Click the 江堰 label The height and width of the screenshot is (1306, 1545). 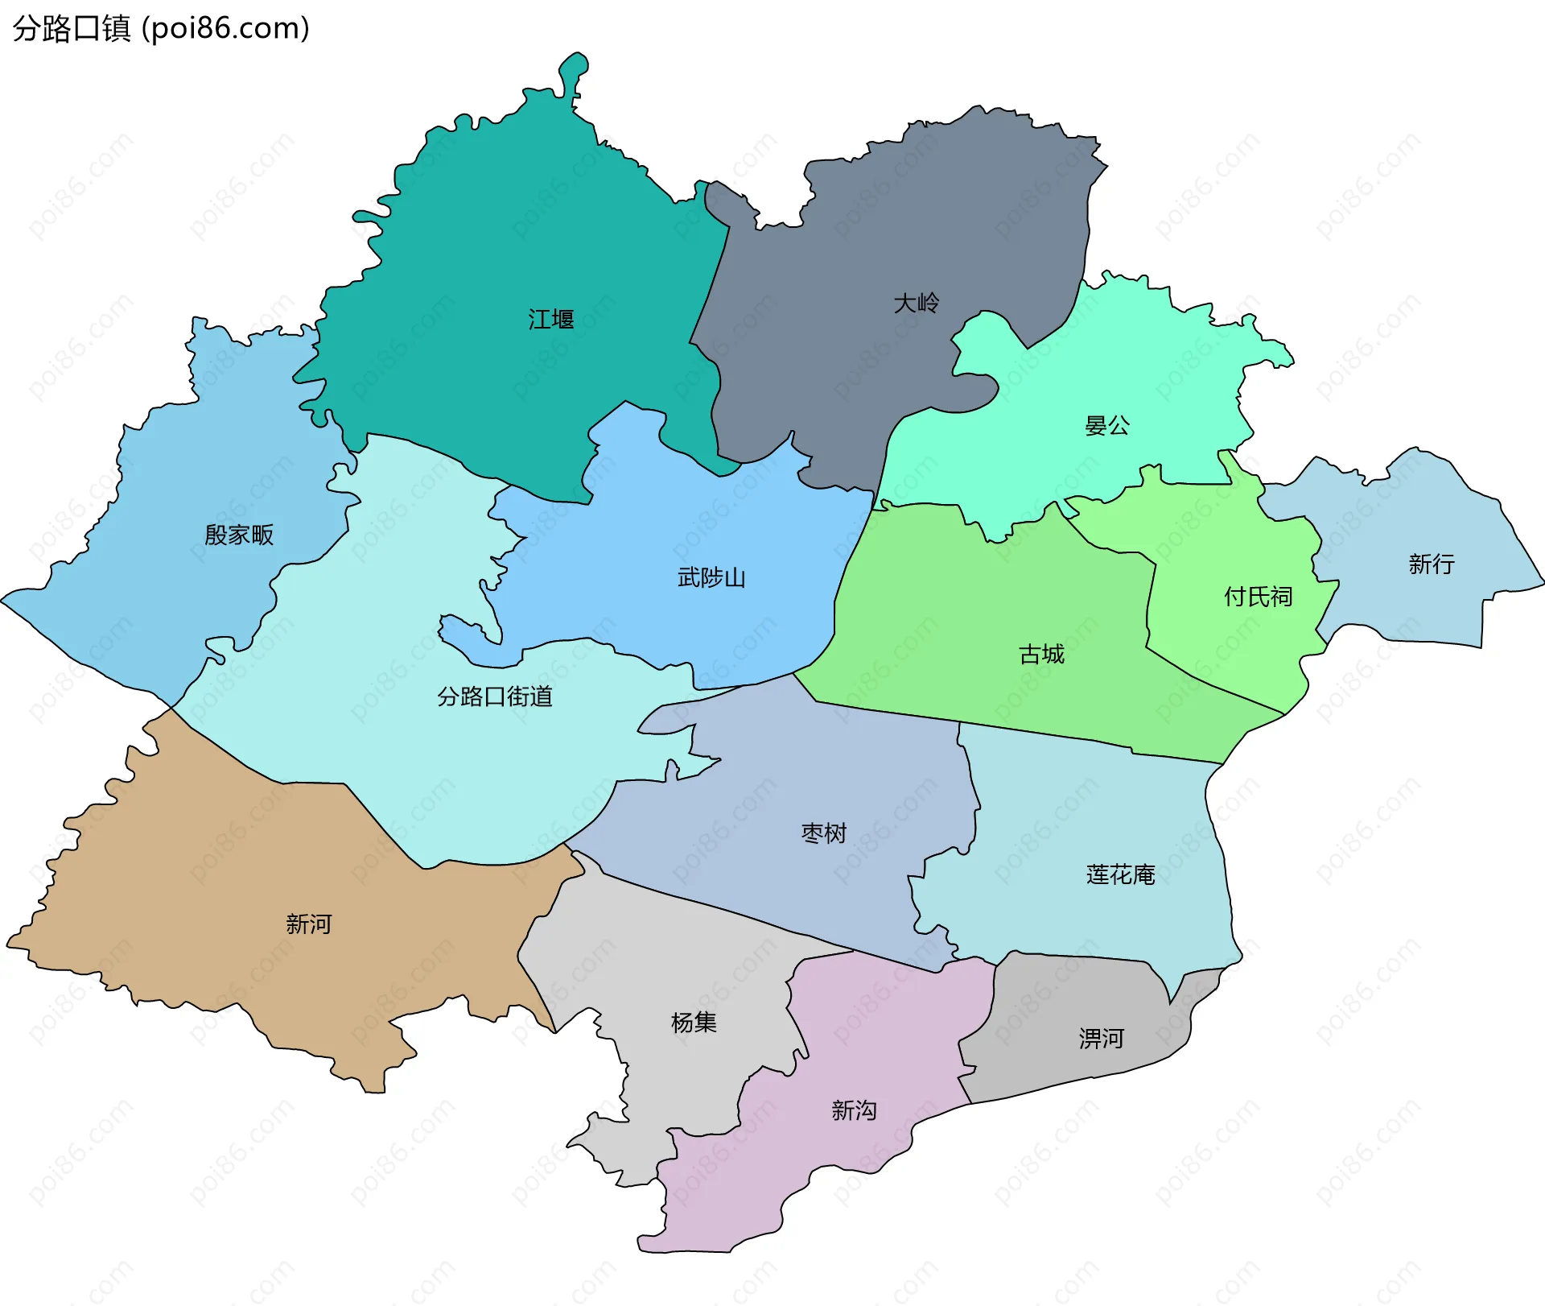(551, 320)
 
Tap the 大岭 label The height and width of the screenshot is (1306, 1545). (917, 304)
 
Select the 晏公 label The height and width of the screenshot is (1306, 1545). (1107, 426)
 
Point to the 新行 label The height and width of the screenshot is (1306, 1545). (1432, 564)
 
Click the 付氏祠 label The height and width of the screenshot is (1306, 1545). (1258, 597)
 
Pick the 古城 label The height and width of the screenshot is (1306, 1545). (1041, 655)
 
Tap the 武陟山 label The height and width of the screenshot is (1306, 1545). (711, 578)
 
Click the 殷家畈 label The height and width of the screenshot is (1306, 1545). (239, 535)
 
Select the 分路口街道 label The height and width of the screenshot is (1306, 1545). (495, 696)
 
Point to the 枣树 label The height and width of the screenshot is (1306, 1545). (824, 833)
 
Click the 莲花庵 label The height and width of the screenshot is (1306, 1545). (1120, 874)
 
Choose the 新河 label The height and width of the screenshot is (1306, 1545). (308, 924)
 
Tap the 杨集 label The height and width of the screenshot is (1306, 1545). (694, 1023)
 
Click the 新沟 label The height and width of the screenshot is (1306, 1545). (854, 1111)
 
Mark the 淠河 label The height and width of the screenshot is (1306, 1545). (1101, 1039)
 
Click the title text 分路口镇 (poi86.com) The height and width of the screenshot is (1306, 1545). (161, 28)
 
